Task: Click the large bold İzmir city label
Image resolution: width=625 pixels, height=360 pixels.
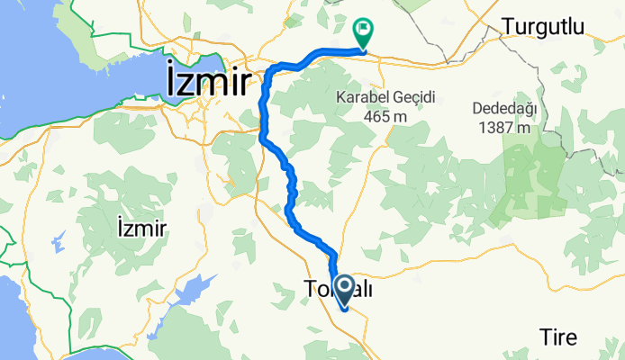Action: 208,82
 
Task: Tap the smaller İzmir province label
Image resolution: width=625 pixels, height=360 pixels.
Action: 141,229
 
